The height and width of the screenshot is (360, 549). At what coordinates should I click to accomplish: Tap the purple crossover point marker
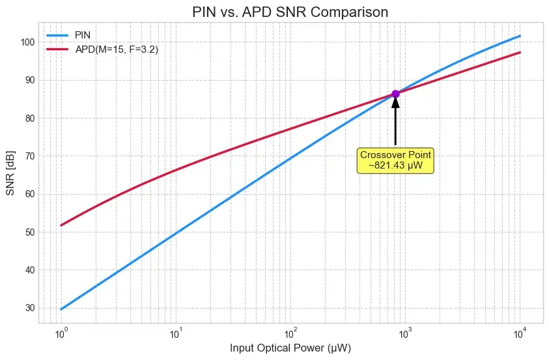point(395,94)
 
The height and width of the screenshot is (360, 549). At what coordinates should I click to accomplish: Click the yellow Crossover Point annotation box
point(395,160)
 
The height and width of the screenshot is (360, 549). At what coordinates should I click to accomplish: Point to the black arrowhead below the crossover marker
point(395,104)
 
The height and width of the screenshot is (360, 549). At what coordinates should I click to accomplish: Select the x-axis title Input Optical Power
point(290,348)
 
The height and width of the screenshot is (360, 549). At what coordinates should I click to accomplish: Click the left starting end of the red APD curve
point(61,225)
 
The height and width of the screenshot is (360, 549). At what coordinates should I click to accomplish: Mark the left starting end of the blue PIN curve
point(61,309)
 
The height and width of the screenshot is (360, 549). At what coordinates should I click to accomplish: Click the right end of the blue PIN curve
point(520,36)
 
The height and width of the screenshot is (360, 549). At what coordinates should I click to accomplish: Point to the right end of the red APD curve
point(520,52)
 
